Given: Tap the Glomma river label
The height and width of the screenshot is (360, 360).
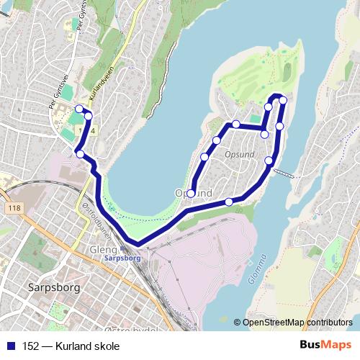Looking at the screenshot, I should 258,269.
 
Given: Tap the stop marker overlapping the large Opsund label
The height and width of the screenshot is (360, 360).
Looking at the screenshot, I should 192,192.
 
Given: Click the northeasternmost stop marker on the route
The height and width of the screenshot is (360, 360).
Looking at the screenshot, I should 283,100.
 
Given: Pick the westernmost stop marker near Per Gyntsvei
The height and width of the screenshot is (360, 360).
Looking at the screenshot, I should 79,109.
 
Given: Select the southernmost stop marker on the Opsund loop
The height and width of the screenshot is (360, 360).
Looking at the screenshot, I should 229,202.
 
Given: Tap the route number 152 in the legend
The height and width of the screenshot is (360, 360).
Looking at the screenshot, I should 31,346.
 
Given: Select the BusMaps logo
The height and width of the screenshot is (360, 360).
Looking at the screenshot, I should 325,346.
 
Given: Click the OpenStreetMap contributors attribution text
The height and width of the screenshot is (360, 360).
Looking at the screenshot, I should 297,323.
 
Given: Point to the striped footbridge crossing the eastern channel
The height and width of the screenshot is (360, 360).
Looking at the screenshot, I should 285,173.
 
